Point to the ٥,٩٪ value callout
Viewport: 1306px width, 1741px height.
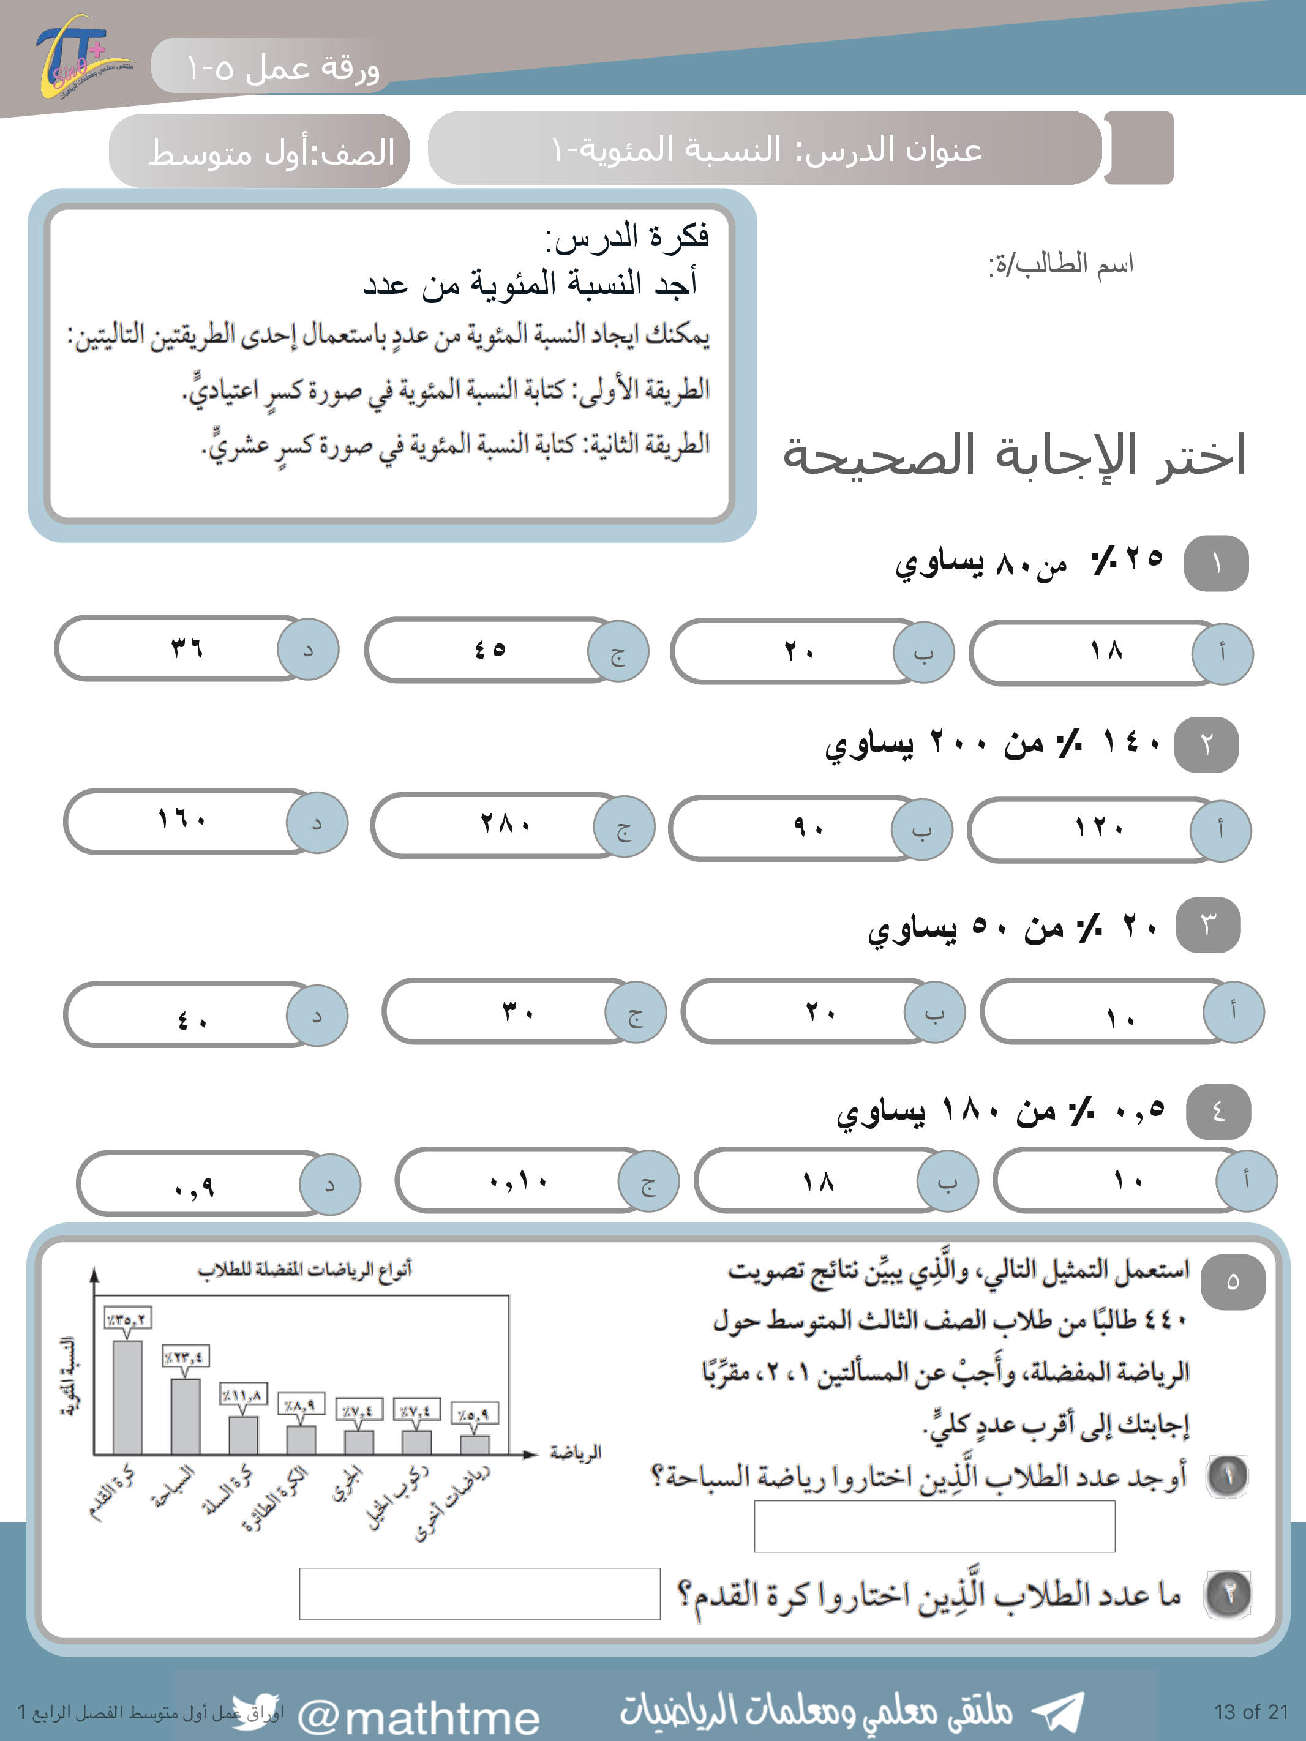pos(475,1413)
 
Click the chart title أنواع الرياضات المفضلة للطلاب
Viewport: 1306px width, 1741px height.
pos(305,1269)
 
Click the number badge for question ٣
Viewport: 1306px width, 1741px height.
pos(1207,925)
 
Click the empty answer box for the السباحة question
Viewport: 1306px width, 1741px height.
pos(934,1526)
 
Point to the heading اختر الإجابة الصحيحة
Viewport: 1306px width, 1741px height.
pos(1014,455)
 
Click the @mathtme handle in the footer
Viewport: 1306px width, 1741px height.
pos(419,1717)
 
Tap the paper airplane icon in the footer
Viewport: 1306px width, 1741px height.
pos(1059,1711)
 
